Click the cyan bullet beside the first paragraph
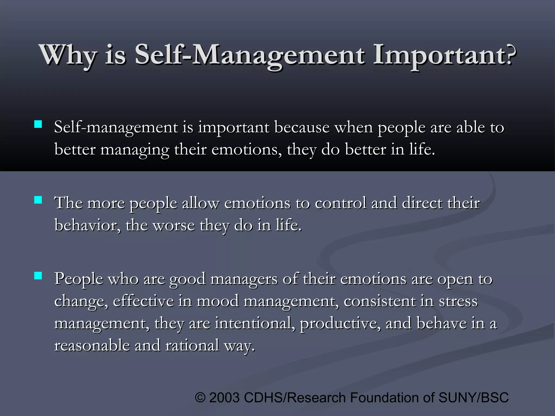(38, 124)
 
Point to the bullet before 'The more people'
(38, 200)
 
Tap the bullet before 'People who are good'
(38, 276)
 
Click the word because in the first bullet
(302, 127)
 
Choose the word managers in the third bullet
(244, 279)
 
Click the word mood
(218, 301)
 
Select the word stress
(458, 301)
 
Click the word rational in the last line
(192, 346)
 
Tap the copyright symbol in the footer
(200, 398)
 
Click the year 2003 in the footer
(225, 398)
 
